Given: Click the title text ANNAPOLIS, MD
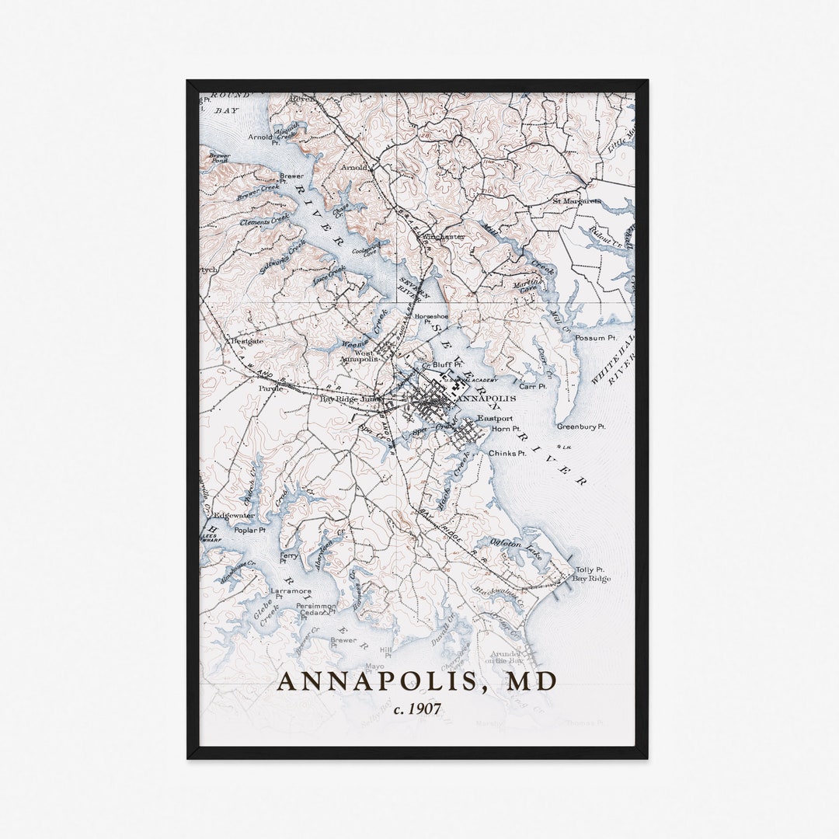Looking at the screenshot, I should [x=417, y=681].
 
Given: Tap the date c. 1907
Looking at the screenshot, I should [x=418, y=708].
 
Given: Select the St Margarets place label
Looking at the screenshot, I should [x=576, y=201].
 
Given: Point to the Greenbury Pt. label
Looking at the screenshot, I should [x=581, y=426].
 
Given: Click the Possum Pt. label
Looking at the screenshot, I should [x=596, y=338].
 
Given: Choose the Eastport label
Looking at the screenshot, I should [x=495, y=419].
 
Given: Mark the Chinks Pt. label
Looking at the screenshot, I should [x=507, y=453].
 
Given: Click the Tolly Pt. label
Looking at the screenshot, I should [x=590, y=569].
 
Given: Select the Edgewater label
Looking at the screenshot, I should [x=234, y=515].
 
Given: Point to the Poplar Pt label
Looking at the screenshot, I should [x=249, y=530].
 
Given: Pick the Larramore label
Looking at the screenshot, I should [x=291, y=591].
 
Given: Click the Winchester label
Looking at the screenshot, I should [x=444, y=237].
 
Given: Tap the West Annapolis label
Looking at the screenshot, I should [x=361, y=357].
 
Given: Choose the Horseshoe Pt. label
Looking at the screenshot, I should [x=432, y=319].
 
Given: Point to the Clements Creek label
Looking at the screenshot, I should [x=264, y=221].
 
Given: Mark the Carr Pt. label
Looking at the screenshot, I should [x=533, y=386].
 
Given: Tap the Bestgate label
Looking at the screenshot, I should [x=246, y=340].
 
